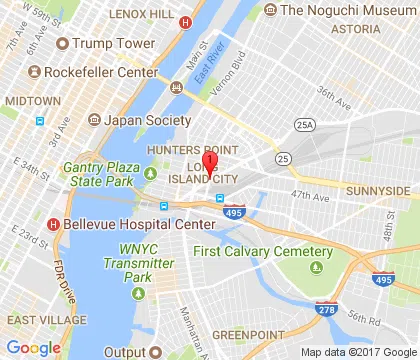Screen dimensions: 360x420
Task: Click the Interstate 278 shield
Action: pos(323,309)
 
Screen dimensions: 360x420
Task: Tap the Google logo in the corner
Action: pos(34,347)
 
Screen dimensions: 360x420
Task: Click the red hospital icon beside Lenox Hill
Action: pos(183,21)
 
